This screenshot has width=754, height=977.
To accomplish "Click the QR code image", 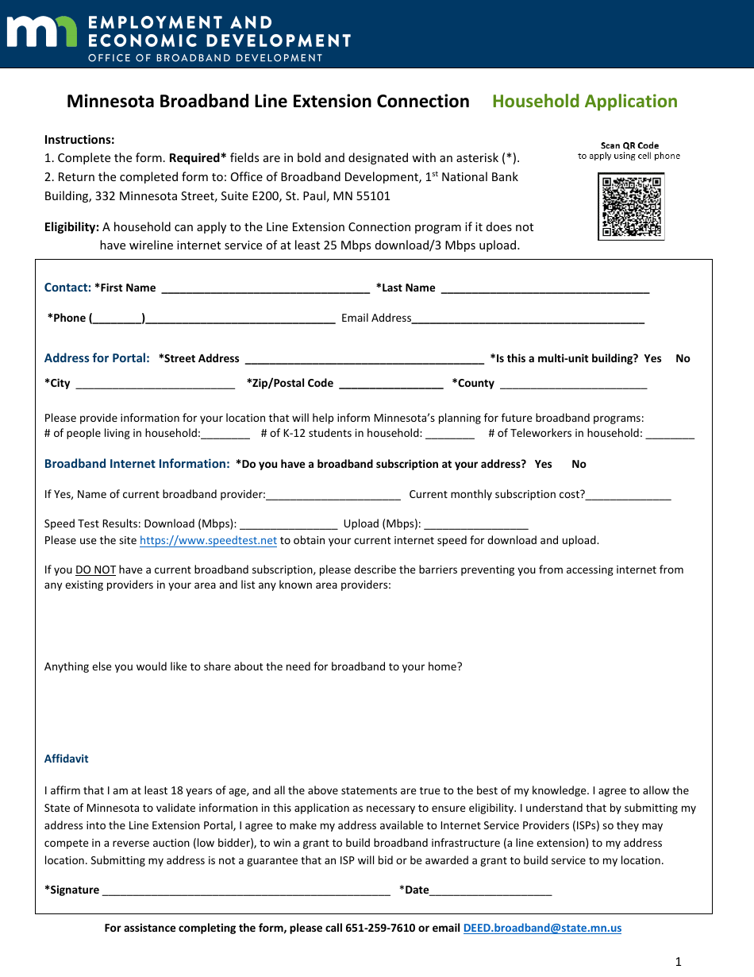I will coord(631,207).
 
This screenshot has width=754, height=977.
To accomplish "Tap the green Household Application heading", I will coord(585,102).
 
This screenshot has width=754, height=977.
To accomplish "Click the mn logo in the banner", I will coord(41,33).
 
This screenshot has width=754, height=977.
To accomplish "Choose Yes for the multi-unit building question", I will coord(652,359).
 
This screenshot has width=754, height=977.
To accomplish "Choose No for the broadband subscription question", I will coord(579,465).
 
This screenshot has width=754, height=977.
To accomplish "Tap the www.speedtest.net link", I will coord(208,541).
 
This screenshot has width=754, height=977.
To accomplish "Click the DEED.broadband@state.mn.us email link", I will coord(542,928).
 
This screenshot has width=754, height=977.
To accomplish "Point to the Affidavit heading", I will coord(66,759).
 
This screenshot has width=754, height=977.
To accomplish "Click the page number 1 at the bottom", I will coord(678,962).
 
